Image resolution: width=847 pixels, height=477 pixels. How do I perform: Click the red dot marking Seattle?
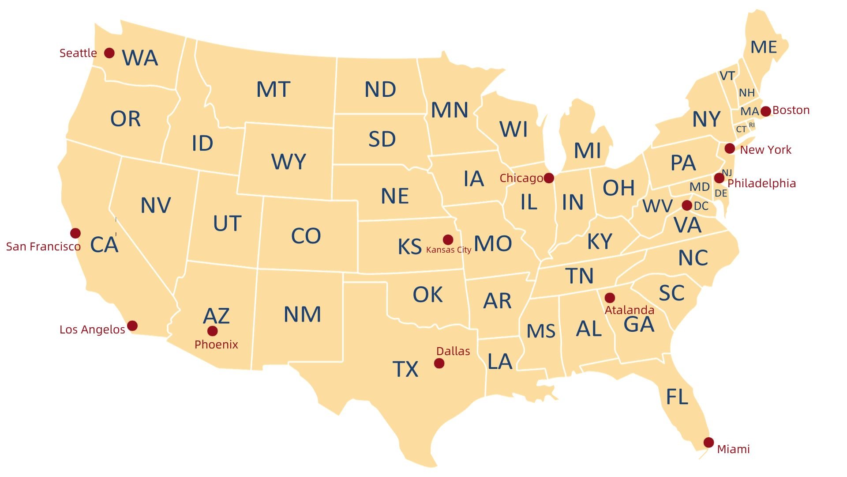tap(109, 53)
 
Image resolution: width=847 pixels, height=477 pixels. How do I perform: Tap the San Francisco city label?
tap(43, 246)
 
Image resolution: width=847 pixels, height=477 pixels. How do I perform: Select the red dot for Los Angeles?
tap(132, 326)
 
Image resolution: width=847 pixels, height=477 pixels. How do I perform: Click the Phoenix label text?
tap(216, 344)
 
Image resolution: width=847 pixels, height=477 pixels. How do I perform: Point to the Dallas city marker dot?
tap(439, 363)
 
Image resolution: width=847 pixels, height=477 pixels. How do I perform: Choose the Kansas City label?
tap(449, 250)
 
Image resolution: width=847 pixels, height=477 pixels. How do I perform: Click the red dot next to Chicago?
tap(549, 178)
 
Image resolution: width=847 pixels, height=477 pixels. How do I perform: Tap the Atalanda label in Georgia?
tap(629, 310)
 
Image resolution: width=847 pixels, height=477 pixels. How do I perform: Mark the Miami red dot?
tap(708, 443)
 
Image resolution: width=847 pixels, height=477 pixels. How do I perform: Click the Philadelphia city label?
tap(761, 183)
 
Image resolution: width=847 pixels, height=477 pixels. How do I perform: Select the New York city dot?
tap(730, 148)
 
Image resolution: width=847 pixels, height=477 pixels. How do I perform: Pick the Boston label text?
tap(791, 110)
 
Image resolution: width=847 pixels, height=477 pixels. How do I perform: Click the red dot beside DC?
tap(687, 205)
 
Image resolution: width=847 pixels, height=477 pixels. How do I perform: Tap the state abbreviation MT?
tap(273, 90)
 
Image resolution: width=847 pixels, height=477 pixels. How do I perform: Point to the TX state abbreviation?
tap(405, 369)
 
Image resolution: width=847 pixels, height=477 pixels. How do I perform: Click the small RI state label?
tap(752, 125)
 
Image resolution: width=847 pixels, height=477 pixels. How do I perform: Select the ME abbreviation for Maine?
tap(764, 47)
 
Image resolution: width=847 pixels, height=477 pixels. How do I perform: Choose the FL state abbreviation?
tap(677, 397)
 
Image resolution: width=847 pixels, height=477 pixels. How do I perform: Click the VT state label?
tap(727, 76)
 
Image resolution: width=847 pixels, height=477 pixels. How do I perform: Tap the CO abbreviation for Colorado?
tap(306, 236)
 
